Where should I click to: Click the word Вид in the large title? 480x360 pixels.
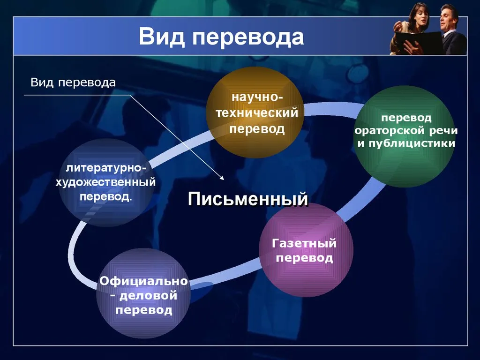point(162,37)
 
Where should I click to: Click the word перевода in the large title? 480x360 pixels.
point(248,38)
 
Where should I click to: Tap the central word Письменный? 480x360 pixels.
point(247,199)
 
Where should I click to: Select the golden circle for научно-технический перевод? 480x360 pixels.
point(255,112)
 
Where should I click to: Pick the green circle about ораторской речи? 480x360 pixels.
point(404,136)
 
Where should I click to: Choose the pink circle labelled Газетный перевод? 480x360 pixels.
point(306,249)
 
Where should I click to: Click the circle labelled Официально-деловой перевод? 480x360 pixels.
point(143,293)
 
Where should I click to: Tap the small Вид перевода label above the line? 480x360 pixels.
point(73,82)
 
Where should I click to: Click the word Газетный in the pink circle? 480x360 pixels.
point(304,243)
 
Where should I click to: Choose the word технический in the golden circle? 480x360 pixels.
point(257,113)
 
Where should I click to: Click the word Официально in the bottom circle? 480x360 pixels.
point(143,281)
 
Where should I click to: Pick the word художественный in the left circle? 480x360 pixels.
point(105,182)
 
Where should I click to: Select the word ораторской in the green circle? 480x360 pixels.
point(389,131)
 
